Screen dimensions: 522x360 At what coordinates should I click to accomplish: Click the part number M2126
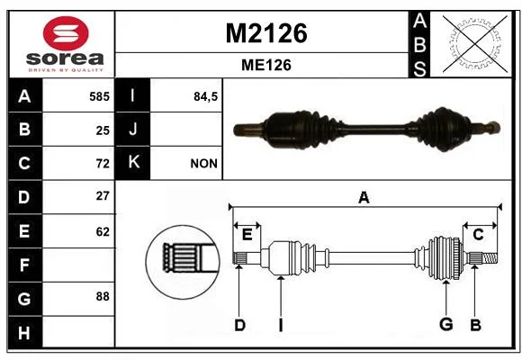pyautogui.click(x=266, y=33)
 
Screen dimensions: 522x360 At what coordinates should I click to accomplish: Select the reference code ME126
pyautogui.click(x=266, y=65)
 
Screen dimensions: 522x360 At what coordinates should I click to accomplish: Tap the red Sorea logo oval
pyautogui.click(x=66, y=33)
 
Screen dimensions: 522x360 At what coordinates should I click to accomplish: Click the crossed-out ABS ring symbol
pyautogui.click(x=475, y=43)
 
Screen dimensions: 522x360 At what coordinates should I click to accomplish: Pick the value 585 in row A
pyautogui.click(x=99, y=96)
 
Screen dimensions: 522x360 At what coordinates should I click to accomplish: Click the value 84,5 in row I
pyautogui.click(x=205, y=96)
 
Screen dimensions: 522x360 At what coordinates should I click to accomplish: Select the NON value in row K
pyautogui.click(x=203, y=164)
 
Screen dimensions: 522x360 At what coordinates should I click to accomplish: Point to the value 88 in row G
pyautogui.click(x=103, y=296)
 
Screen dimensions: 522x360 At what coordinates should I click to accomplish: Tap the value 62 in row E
pyautogui.click(x=103, y=231)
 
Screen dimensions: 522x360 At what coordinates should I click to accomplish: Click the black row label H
pyautogui.click(x=25, y=332)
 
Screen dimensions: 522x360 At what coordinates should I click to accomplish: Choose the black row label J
pyautogui.click(x=132, y=130)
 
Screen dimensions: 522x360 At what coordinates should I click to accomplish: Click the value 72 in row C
pyautogui.click(x=103, y=164)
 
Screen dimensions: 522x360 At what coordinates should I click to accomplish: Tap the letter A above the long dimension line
pyautogui.click(x=364, y=197)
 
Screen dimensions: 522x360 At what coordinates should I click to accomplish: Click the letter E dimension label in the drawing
pyautogui.click(x=247, y=235)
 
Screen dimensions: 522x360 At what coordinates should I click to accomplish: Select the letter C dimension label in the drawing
pyautogui.click(x=478, y=235)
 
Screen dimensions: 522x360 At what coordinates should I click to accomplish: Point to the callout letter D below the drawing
pyautogui.click(x=239, y=325)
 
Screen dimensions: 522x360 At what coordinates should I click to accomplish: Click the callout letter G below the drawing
pyautogui.click(x=445, y=324)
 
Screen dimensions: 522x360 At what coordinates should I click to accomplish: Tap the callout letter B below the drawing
pyautogui.click(x=475, y=325)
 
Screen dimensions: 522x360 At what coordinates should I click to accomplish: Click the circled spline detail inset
pyautogui.click(x=183, y=262)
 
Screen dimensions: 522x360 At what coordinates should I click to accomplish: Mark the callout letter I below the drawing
pyautogui.click(x=281, y=325)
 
